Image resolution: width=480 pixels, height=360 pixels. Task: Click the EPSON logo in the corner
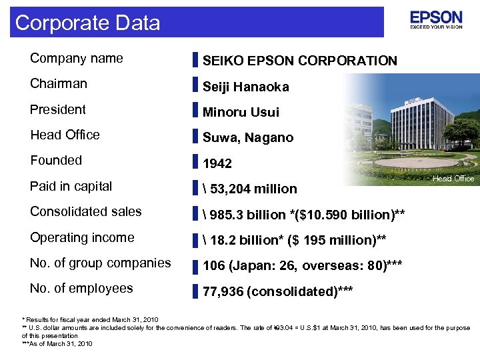(436, 21)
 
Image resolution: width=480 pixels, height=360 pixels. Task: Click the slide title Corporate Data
(87, 23)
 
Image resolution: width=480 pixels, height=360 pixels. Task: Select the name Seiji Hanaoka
(245, 87)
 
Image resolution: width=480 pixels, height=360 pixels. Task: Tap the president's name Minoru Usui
(241, 112)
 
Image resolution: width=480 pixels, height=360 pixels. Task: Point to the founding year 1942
(217, 163)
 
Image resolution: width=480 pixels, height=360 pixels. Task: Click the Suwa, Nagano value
(248, 137)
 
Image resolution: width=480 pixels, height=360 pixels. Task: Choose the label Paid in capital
(71, 186)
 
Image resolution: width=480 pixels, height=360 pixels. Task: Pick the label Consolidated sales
(85, 211)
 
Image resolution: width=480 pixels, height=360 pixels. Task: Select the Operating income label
(82, 237)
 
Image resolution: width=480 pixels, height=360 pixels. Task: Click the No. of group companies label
(100, 263)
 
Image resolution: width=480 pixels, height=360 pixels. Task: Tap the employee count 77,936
(225, 291)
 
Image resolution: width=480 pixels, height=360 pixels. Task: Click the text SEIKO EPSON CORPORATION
(299, 61)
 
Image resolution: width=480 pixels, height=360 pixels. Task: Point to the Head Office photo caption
(453, 178)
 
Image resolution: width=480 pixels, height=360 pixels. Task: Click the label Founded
(56, 160)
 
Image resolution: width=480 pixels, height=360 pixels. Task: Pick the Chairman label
(59, 83)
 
